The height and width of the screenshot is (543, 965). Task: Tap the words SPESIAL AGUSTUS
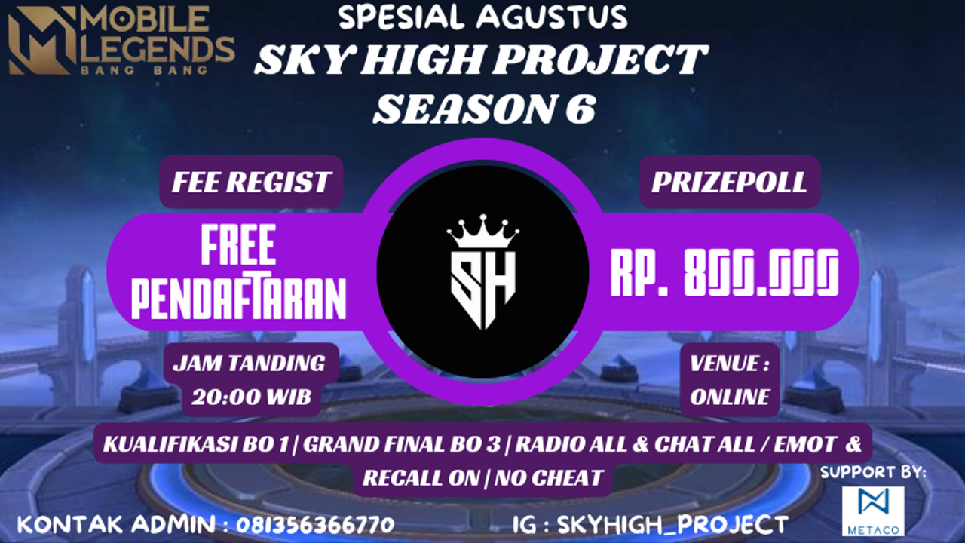482,17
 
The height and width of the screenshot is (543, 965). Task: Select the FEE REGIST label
251,182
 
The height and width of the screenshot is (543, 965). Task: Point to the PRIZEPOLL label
729,182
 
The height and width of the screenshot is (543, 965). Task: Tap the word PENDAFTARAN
238,298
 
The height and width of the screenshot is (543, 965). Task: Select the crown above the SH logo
482,231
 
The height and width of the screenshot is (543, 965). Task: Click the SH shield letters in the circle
482,283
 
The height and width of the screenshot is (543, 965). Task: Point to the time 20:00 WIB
251,397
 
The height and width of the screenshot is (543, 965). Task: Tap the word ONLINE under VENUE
730,397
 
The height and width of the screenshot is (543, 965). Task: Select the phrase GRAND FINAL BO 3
402,444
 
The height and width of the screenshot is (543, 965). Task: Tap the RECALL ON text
421,477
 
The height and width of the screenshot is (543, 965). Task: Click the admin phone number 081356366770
315,524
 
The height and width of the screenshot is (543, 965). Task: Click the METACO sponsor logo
873,510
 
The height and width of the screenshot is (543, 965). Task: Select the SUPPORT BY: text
873,472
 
